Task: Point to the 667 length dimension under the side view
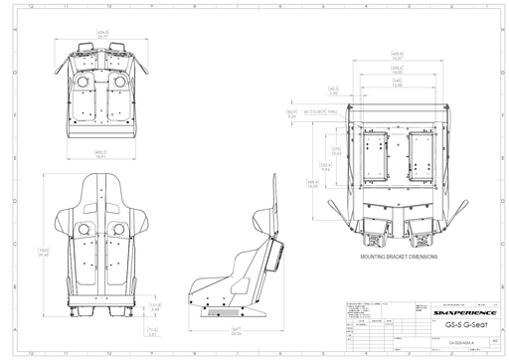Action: (237, 331)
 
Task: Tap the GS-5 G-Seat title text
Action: (460, 325)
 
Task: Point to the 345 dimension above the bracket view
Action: (397, 84)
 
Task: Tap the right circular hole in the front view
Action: (120, 229)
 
